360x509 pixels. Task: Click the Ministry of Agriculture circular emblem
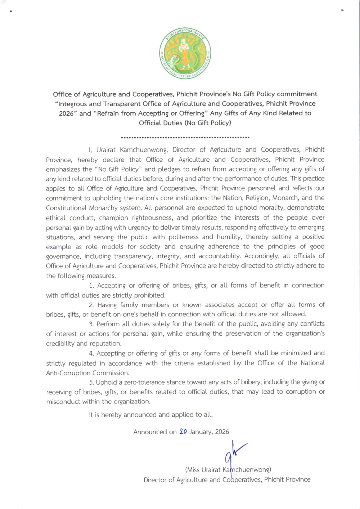click(185, 53)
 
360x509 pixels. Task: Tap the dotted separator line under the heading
click(185, 137)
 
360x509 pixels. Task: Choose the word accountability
click(219, 256)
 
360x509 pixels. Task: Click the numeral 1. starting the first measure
click(91, 286)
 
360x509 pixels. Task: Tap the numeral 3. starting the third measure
click(91, 324)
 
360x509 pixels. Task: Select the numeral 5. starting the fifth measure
click(91, 382)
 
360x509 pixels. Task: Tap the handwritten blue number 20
click(183, 432)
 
